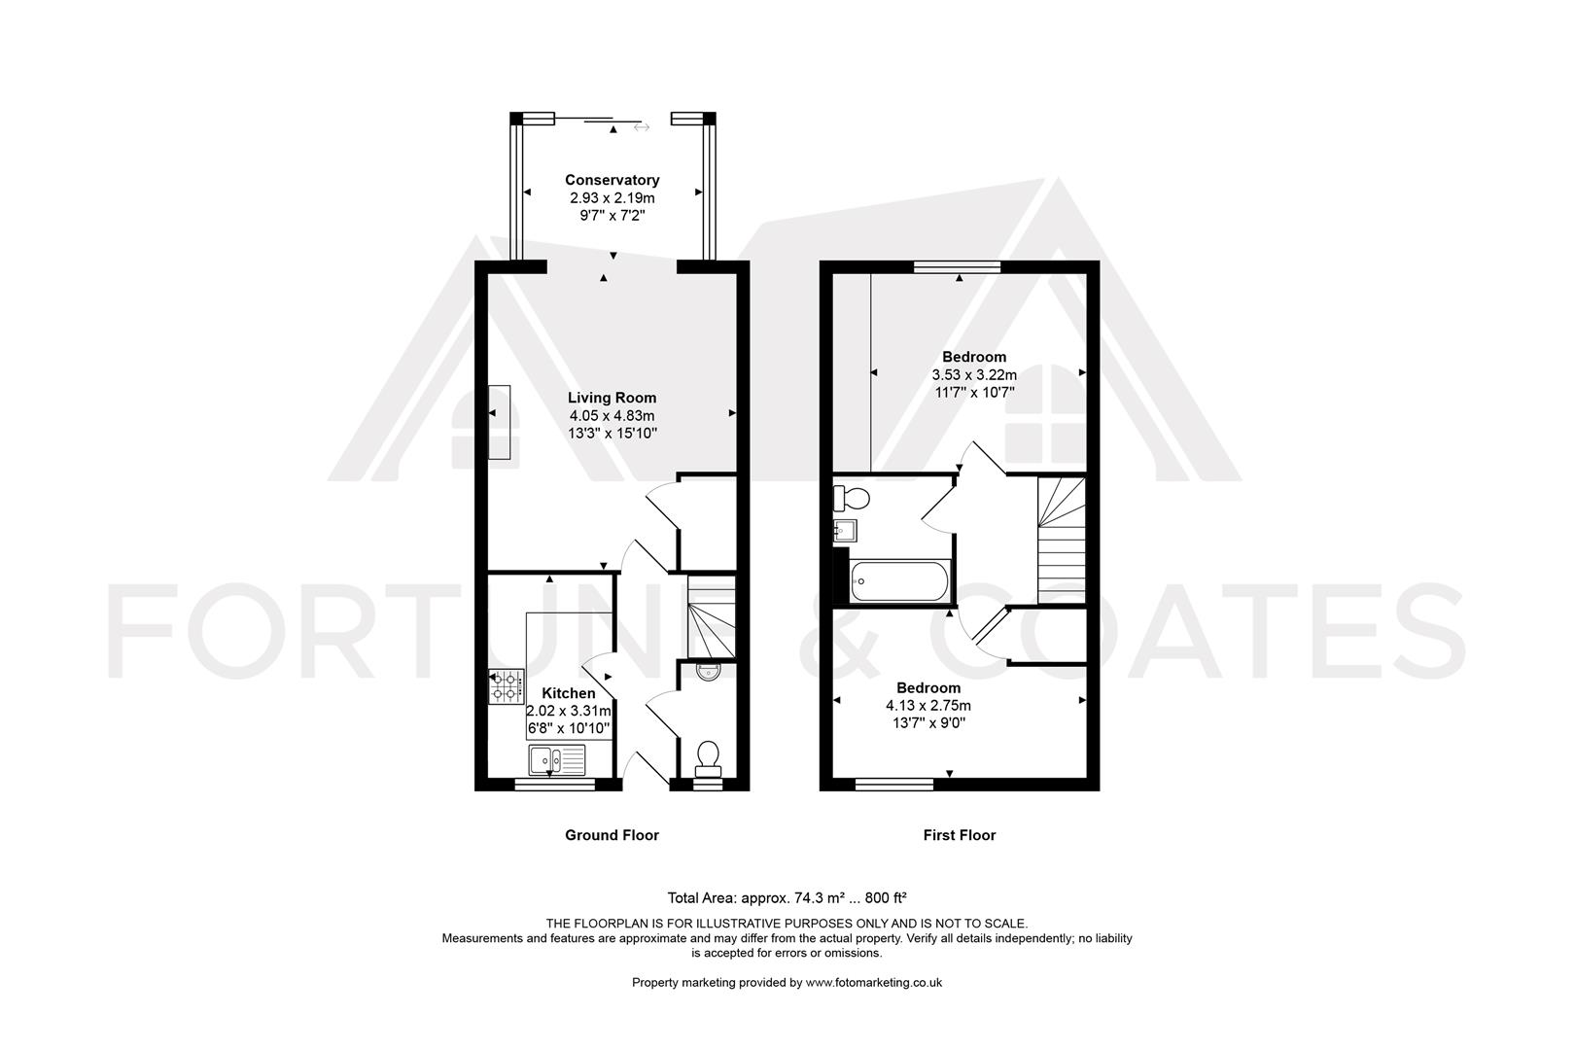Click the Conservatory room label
tap(612, 180)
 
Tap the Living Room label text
tap(612, 398)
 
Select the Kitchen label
tap(569, 693)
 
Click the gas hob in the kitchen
tap(506, 686)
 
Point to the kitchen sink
tap(557, 758)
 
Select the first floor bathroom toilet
tap(851, 499)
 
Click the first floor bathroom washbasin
tap(844, 531)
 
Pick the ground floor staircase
tap(712, 618)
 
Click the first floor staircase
tap(1061, 540)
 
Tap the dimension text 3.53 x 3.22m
tap(974, 375)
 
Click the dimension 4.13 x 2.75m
tap(927, 706)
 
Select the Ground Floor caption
tap(612, 835)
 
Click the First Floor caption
tap(959, 835)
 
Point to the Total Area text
tap(787, 897)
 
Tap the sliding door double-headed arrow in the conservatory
tap(642, 126)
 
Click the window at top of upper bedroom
tap(959, 264)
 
